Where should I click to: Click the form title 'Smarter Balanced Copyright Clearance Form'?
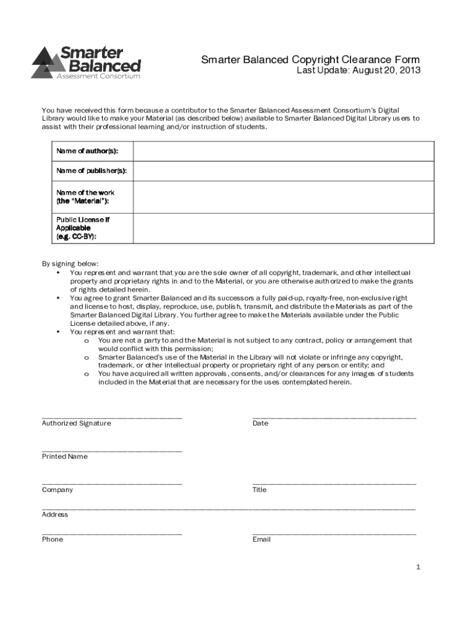pos(310,59)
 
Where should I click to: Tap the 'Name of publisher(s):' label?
pos(87,171)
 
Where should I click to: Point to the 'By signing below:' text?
pos(70,263)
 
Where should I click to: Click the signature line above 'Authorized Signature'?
pos(112,418)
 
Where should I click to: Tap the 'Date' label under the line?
pos(260,423)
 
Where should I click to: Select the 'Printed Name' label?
pos(65,456)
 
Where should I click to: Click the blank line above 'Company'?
pos(112,483)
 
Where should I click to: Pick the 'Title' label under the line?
pos(260,490)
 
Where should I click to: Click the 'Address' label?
pos(55,514)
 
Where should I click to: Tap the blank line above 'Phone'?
pos(112,533)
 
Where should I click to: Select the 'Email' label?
pos(261,539)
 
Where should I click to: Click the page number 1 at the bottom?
pos(419,567)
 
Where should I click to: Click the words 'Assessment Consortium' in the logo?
pos(98,76)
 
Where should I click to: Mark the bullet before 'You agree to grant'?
pos(57,298)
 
